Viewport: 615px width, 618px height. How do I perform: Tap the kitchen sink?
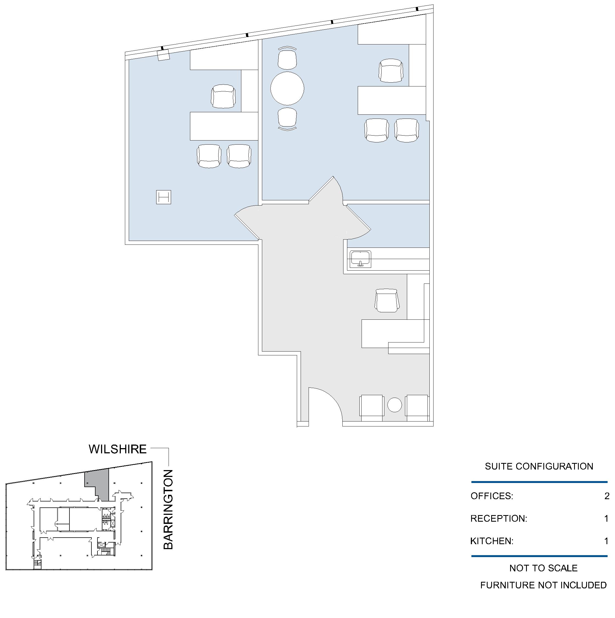click(360, 259)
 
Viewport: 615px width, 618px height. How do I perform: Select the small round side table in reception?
click(395, 405)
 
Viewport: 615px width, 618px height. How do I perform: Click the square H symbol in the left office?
click(164, 197)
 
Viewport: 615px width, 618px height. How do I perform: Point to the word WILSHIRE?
click(118, 449)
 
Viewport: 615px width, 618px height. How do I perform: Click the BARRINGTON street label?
click(168, 510)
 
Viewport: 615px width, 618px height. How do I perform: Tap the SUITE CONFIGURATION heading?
click(539, 466)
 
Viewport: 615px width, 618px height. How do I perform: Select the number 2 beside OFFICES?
click(607, 496)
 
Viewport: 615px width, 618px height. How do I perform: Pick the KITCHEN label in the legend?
click(492, 541)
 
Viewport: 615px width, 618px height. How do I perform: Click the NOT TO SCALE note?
click(544, 568)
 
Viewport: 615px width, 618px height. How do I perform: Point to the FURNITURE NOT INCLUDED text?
click(544, 585)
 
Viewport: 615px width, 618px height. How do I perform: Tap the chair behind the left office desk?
click(223, 96)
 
